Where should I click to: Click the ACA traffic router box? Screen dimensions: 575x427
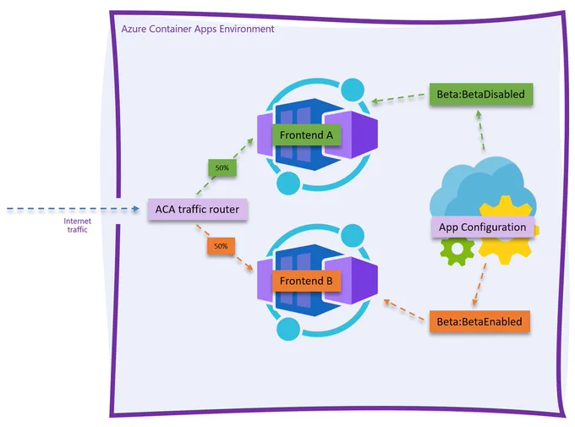(x=198, y=210)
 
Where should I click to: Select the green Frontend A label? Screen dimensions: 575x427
(x=306, y=135)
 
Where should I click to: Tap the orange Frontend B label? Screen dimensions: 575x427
(x=306, y=281)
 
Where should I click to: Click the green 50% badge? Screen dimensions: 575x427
(x=222, y=167)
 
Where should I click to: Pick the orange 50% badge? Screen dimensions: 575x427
(x=221, y=246)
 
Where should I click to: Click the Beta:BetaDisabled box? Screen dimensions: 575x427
(x=481, y=94)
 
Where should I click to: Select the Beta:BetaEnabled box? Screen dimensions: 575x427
(x=479, y=321)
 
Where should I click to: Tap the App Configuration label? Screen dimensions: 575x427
(x=483, y=227)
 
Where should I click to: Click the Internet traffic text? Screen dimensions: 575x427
(x=78, y=225)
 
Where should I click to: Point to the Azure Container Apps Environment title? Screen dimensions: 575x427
(x=198, y=29)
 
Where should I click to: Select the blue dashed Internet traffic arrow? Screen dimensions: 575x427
(x=73, y=209)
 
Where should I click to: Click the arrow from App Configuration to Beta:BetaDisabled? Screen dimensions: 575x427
(x=481, y=130)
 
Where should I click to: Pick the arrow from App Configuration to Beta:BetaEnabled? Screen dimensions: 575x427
(x=479, y=284)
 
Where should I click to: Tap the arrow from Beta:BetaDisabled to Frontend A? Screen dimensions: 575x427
(x=398, y=98)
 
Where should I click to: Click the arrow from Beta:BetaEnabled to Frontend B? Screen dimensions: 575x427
(x=403, y=310)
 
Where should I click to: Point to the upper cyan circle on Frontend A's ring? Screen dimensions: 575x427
(x=353, y=90)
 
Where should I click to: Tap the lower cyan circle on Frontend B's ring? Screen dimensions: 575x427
(x=288, y=329)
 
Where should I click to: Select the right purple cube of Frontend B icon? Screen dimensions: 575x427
(x=351, y=281)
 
